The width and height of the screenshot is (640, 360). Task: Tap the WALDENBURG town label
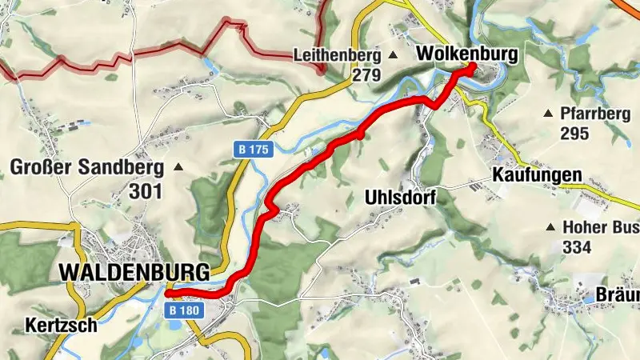pyautogui.click(x=134, y=272)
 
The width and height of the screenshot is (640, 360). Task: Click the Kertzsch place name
pyautogui.click(x=61, y=326)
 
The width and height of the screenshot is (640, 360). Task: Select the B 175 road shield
pyautogui.click(x=255, y=149)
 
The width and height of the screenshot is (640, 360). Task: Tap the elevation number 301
pyautogui.click(x=145, y=191)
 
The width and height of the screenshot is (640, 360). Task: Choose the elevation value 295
pyautogui.click(x=574, y=134)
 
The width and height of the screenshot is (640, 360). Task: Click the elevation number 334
pyautogui.click(x=578, y=247)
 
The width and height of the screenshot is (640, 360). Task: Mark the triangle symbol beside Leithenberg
pyautogui.click(x=393, y=55)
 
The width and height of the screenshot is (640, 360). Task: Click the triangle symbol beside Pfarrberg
pyautogui.click(x=549, y=114)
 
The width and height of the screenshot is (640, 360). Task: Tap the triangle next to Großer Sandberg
pyautogui.click(x=178, y=167)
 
